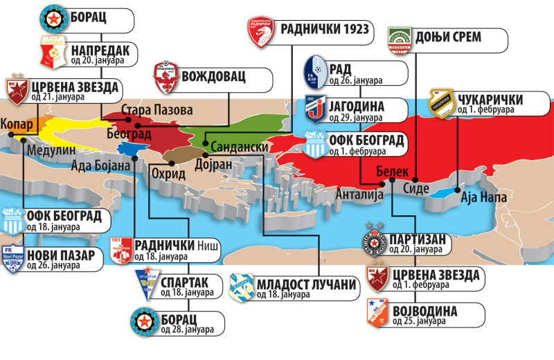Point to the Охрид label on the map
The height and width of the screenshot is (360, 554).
[168, 173]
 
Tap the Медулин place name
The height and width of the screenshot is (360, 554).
[46, 148]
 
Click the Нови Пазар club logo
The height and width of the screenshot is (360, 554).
[12, 258]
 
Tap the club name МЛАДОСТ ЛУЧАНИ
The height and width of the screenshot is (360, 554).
[305, 284]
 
